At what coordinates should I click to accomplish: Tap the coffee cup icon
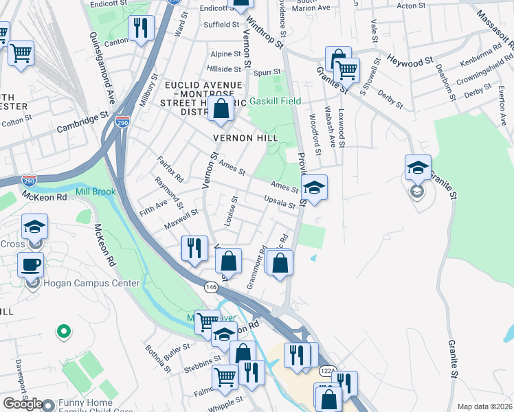click(30, 264)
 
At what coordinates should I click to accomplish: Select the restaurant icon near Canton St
click(140, 28)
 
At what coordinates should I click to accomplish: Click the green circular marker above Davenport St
click(64, 332)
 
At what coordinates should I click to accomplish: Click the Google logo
click(23, 404)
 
